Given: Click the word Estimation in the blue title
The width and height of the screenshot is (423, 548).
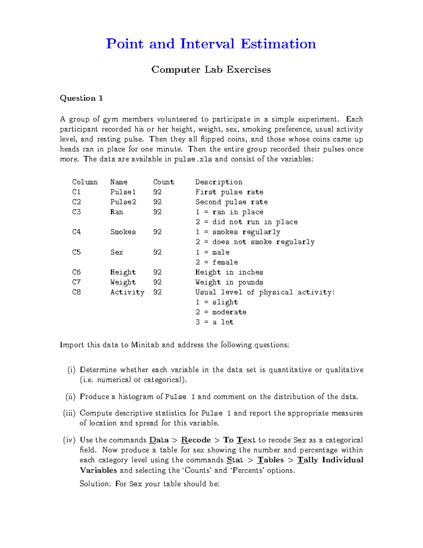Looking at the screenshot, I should coord(278,44).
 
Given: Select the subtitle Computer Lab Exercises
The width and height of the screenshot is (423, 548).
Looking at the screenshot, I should coord(211,70).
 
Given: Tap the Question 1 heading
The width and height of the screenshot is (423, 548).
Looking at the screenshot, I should coord(81,98).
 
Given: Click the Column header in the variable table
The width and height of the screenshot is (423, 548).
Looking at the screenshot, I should coord(85,182).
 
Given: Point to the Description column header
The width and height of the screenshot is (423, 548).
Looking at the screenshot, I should coord(219,182).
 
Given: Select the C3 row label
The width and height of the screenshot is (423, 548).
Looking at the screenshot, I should coord(76,212).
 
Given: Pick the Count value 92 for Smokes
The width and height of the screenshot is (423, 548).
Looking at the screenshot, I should coord(157,232).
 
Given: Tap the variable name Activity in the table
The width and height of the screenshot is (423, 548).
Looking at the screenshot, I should coord(127,292).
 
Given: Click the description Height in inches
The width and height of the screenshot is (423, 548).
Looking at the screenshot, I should coord(229,272).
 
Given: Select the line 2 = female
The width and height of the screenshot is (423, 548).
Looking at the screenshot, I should coord(216,262).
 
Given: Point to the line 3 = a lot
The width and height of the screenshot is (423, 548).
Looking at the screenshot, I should coord(214,322).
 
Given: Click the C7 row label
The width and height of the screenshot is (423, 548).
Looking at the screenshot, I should coord(76,282).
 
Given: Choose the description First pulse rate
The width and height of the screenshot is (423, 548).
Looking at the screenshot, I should coord(229,192).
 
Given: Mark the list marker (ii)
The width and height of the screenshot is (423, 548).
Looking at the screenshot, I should coord(70,397).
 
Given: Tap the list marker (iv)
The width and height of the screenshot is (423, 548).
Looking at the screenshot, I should coord(69,440).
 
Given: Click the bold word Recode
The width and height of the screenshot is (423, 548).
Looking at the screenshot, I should coord(196,440).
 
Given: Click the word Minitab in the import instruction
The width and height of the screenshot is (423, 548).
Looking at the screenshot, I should coord(145,345).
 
